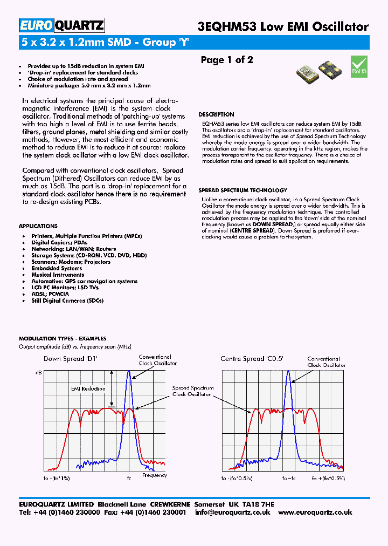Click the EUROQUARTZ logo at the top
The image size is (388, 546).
(62, 25)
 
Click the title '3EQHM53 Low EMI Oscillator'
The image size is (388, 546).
(284, 26)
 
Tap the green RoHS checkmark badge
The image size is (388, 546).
(359, 65)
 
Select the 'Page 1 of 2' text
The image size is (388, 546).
(227, 60)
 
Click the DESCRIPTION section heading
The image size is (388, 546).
(216, 114)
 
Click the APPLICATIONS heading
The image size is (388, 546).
(38, 226)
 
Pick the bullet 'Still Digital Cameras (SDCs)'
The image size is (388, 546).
(67, 301)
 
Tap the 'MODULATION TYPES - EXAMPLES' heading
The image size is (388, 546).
(63, 339)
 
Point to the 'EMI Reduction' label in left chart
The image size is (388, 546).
(88, 388)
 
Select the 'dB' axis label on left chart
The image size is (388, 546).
(38, 372)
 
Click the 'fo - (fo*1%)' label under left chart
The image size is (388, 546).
(56, 478)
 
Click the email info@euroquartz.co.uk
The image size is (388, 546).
(232, 513)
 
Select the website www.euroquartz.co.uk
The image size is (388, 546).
(315, 513)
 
